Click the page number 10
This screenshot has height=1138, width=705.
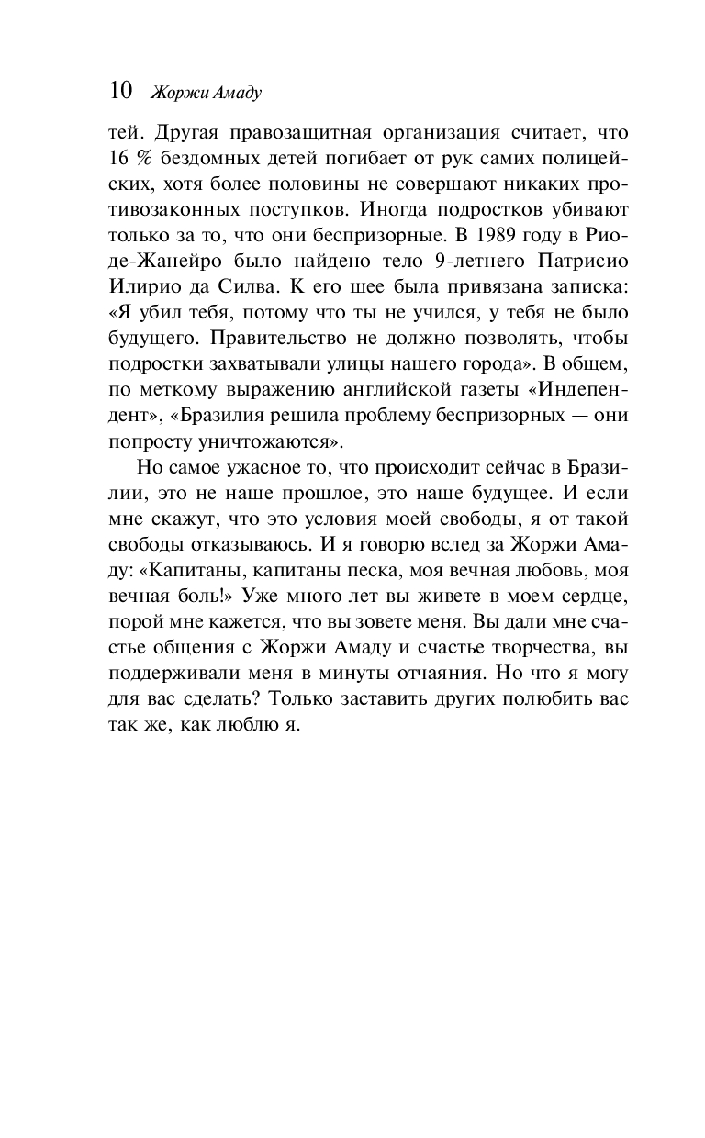[121, 90]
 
